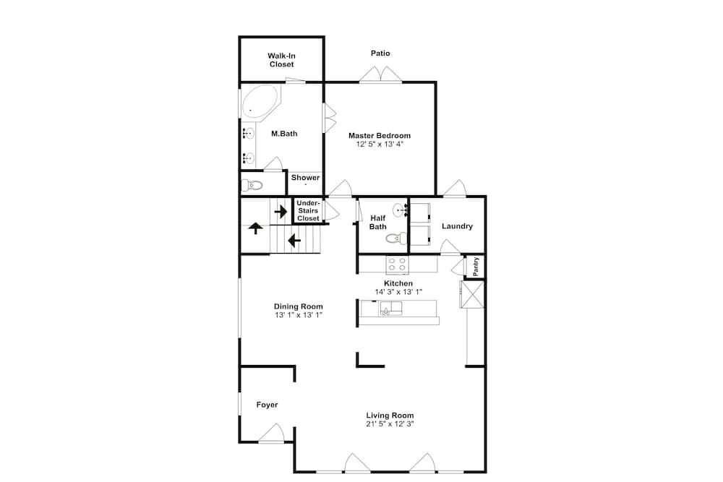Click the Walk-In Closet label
point(281,60)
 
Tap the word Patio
point(380,53)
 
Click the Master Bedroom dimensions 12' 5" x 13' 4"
point(380,145)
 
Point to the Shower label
point(305,178)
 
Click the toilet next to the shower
point(252,186)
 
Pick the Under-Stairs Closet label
point(308,210)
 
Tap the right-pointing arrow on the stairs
point(281,212)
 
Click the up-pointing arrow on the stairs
point(255,228)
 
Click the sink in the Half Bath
point(400,210)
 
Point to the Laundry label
point(457,226)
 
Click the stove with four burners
point(397,264)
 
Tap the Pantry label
point(476,267)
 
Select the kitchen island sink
point(391,309)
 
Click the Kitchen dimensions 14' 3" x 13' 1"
point(398,292)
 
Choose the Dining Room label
point(299,306)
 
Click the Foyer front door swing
point(271,433)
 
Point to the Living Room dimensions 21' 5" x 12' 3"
point(390,424)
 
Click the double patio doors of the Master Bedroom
point(380,74)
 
